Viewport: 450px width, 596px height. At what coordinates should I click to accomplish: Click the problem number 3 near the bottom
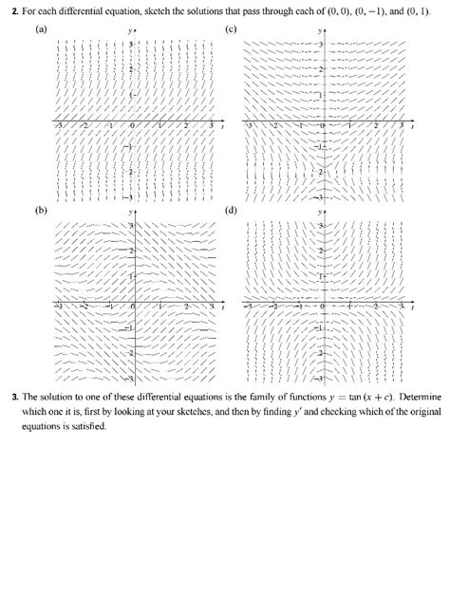[x=27, y=397]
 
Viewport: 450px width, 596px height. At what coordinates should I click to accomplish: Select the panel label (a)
[x=41, y=30]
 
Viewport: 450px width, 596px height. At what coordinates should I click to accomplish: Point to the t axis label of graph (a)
[x=222, y=125]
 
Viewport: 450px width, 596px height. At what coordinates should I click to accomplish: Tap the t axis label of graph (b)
[x=222, y=307]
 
